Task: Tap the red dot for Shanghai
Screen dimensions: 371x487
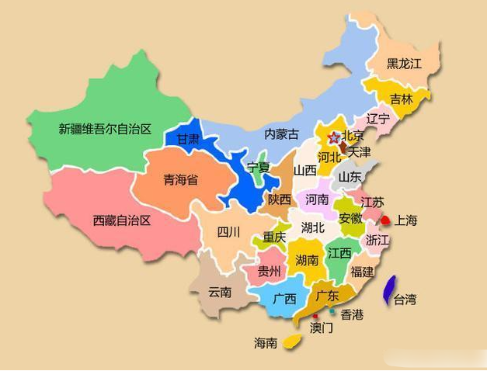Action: tap(384, 220)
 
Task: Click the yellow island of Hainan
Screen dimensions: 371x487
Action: tap(293, 341)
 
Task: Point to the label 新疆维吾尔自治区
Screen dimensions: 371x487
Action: tap(104, 129)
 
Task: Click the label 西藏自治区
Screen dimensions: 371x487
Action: tap(121, 220)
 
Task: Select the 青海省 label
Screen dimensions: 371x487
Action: tap(180, 180)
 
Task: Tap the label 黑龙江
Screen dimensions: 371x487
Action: tap(404, 64)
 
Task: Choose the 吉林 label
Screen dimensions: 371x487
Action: tap(402, 99)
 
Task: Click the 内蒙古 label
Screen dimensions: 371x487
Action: tap(281, 133)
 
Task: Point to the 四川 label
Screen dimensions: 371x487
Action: tap(228, 232)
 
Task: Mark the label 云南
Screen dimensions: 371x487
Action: tap(220, 293)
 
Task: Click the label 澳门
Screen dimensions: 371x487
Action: tap(322, 328)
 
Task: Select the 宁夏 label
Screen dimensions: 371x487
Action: tap(258, 167)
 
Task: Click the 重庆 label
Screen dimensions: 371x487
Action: tap(274, 237)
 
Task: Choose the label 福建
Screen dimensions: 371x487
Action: tap(362, 271)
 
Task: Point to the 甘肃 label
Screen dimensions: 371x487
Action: tap(188, 140)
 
